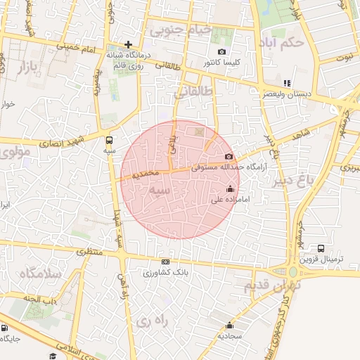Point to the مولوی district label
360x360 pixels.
click(15, 150)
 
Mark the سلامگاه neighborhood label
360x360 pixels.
click(41, 274)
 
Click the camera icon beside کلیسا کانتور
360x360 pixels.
click(222, 51)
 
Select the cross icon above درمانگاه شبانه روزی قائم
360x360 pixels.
click(128, 44)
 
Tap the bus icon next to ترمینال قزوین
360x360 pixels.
click(321, 248)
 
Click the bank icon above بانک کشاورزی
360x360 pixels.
click(165, 262)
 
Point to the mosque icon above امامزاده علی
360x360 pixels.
click(230, 188)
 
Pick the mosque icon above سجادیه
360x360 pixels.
click(229, 325)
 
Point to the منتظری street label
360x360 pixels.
click(89, 251)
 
